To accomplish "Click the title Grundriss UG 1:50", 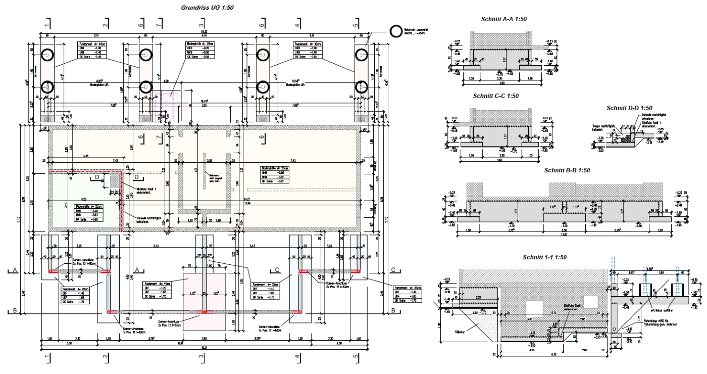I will click(x=202, y=8).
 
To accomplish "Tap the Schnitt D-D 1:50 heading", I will click(x=629, y=108).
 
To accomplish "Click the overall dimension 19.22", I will click(x=202, y=32).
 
